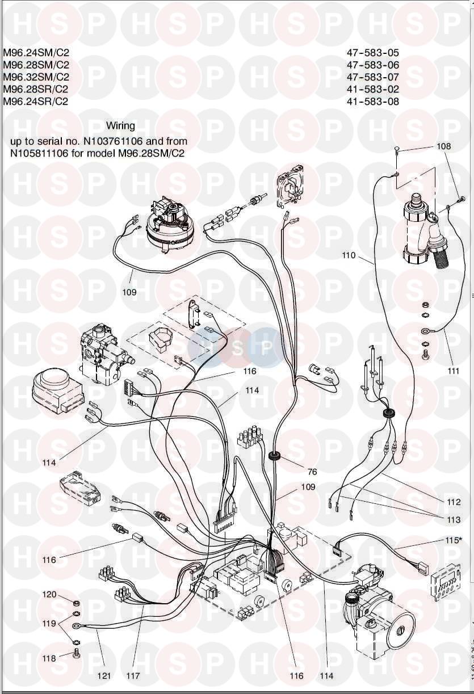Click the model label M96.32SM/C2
(36, 77)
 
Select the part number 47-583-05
(372, 53)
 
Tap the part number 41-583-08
(372, 102)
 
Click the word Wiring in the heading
(120, 126)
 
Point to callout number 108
(443, 146)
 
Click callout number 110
(349, 255)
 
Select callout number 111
(453, 371)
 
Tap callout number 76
(312, 472)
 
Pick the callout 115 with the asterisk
(454, 540)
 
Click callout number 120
(49, 594)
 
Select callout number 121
(104, 676)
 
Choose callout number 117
(133, 676)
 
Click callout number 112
(454, 502)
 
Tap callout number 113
(454, 520)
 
